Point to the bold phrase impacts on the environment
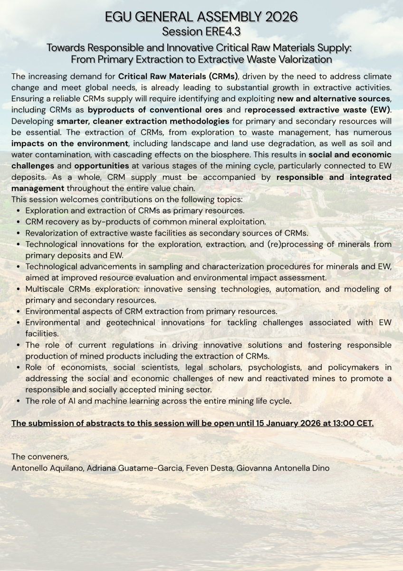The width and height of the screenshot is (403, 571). coord(70,144)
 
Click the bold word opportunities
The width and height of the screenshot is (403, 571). coord(102,166)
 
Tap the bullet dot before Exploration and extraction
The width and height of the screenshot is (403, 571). coord(18,211)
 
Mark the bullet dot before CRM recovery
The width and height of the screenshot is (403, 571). coord(18,222)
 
